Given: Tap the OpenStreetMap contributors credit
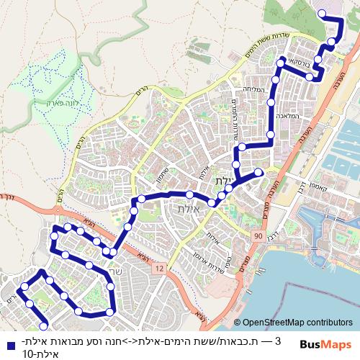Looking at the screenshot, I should pos(297,324).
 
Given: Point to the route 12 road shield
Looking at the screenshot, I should pos(159,268).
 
